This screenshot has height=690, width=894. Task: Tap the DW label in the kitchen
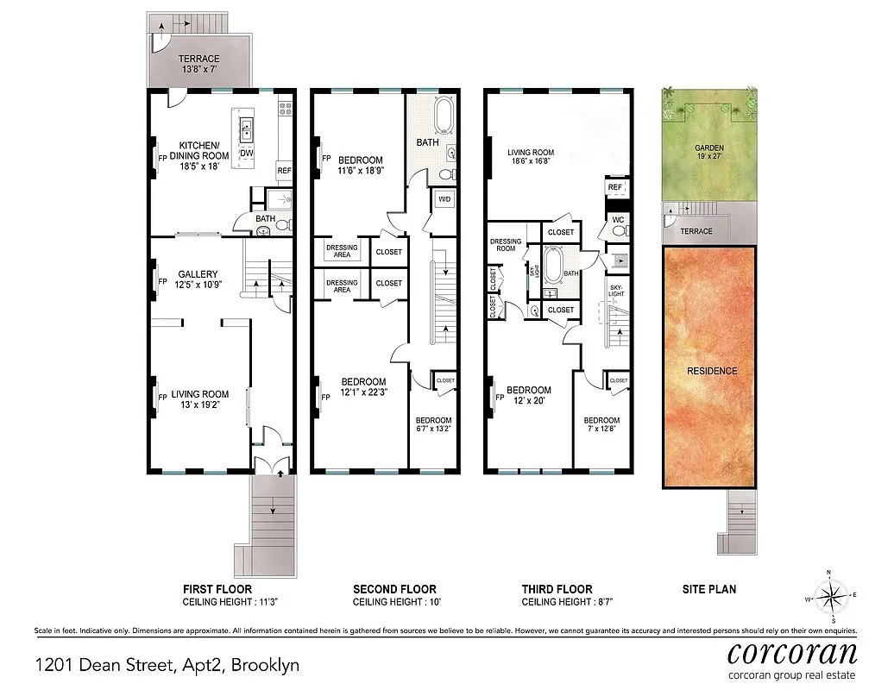pyautogui.click(x=247, y=153)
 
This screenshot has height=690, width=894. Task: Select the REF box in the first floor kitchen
pyautogui.click(x=284, y=171)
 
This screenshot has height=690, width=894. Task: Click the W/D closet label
pyautogui.click(x=444, y=199)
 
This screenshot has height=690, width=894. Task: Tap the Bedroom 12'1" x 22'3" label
pyautogui.click(x=362, y=387)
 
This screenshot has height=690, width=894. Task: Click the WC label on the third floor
pyautogui.click(x=617, y=220)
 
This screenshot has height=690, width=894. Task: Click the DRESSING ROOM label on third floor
pyautogui.click(x=506, y=245)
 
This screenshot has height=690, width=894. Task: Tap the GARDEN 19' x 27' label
pyautogui.click(x=708, y=153)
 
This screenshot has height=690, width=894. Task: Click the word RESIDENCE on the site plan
pyautogui.click(x=712, y=371)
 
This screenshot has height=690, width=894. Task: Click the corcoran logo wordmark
pyautogui.click(x=791, y=651)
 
